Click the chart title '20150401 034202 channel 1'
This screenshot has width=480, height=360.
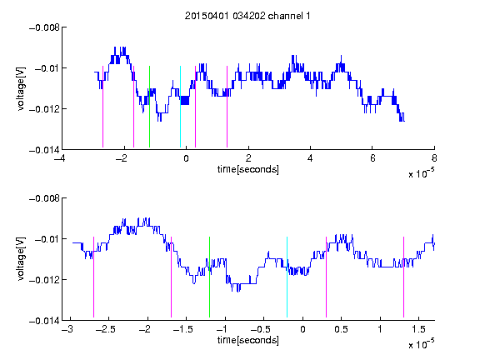point(247,16)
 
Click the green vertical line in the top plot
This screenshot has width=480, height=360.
point(149,107)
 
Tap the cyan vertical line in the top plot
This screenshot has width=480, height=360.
point(180,107)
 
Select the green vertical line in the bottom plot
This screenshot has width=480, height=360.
point(209,277)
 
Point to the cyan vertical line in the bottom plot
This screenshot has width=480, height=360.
point(287,277)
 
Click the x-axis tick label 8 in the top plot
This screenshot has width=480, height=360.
point(434,158)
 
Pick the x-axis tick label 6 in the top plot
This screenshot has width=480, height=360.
point(372,158)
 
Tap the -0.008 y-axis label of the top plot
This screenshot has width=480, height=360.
point(44,27)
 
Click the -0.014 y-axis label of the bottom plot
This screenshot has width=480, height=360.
point(44,321)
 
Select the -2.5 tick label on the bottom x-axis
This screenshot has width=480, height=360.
point(106,329)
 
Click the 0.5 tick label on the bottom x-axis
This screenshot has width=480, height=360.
point(341,329)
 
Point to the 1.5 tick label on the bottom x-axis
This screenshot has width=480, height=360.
point(418,329)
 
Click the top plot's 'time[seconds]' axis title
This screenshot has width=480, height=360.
point(248,169)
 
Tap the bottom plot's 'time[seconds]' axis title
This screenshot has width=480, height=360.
point(248,340)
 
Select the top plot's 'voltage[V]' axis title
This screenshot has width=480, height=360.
point(21,89)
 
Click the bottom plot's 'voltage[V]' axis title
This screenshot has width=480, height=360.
point(21,259)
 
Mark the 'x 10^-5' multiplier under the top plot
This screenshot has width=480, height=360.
point(421,173)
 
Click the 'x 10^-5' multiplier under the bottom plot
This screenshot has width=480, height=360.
point(421,344)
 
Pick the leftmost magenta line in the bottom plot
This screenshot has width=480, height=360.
point(93,277)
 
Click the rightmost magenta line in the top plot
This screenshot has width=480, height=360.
point(227,107)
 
